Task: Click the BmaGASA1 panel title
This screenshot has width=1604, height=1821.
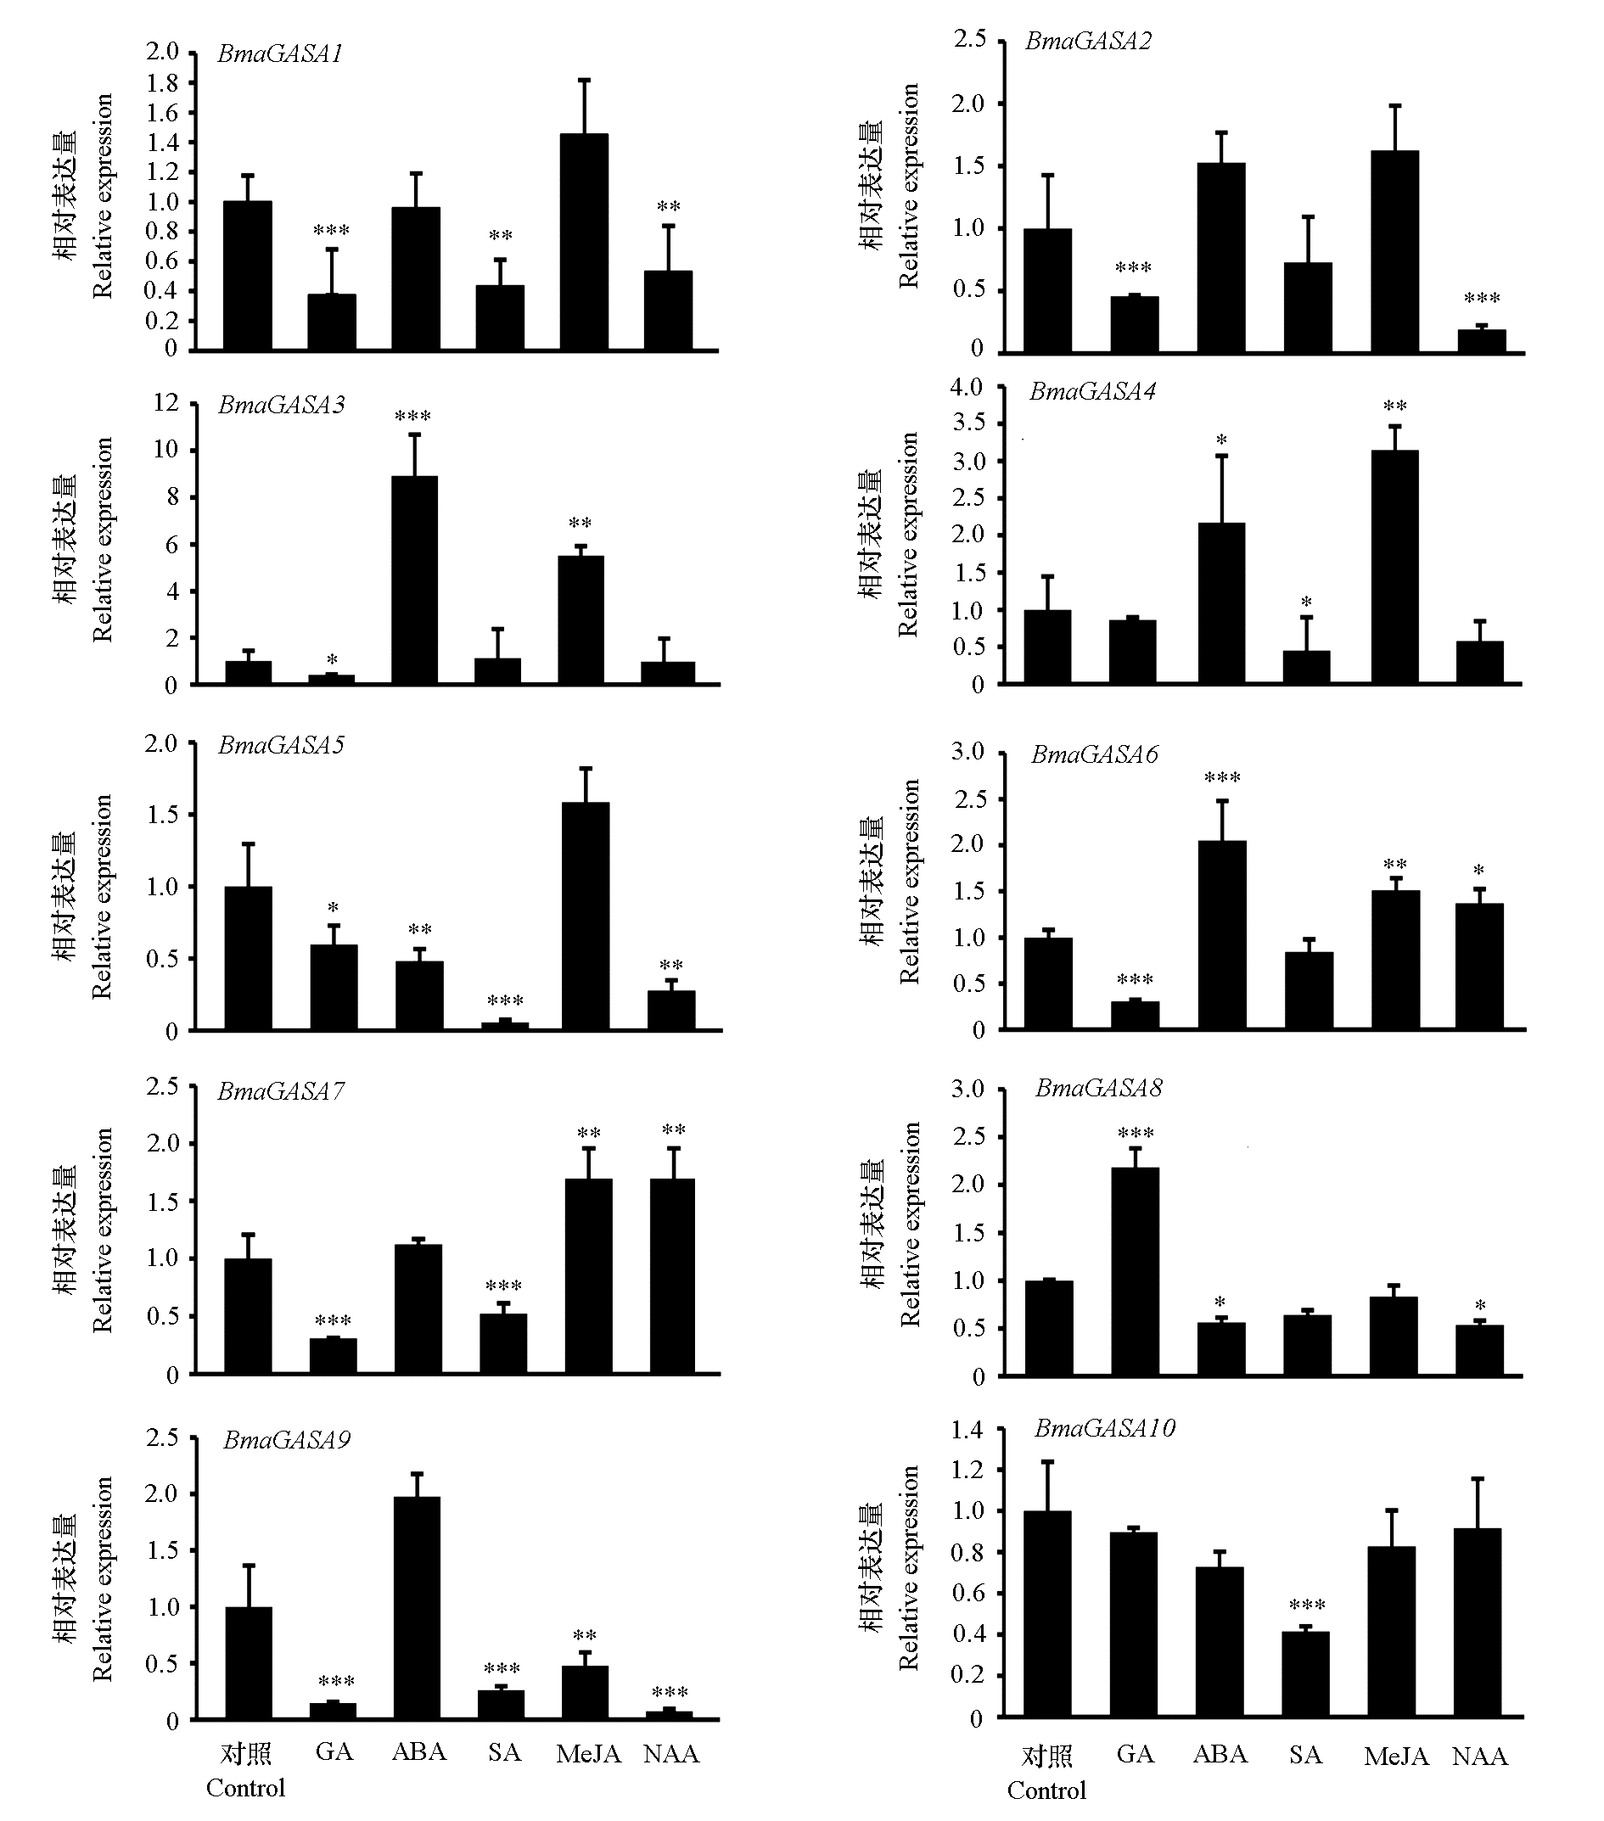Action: [x=280, y=54]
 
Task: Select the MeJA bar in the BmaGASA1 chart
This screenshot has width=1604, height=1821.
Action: [x=584, y=240]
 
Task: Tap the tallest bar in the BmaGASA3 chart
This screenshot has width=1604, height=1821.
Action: [x=414, y=580]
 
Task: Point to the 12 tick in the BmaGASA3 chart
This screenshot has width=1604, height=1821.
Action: [x=165, y=403]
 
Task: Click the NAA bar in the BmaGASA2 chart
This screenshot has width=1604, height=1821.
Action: [x=1482, y=341]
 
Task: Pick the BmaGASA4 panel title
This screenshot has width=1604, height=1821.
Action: [x=1092, y=392]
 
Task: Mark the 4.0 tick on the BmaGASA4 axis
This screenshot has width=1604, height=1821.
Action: [x=966, y=388]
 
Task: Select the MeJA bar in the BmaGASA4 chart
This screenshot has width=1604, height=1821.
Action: [x=1394, y=567]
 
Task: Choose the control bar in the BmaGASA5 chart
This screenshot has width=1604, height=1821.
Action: [x=248, y=959]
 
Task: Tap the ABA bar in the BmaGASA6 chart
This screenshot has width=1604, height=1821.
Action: [x=1222, y=934]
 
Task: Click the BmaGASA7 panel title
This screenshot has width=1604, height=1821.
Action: [x=281, y=1091]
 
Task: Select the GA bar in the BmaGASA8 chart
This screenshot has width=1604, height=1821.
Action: [x=1136, y=1271]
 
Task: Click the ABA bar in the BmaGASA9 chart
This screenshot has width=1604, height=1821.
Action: [x=416, y=1607]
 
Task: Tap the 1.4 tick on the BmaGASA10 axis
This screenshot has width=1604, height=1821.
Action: [x=967, y=1430]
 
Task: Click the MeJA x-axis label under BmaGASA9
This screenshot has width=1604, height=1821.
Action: [x=588, y=1753]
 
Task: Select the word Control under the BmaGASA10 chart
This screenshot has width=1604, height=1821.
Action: [x=1046, y=1790]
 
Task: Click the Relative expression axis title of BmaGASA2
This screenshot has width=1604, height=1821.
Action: [x=908, y=186]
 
